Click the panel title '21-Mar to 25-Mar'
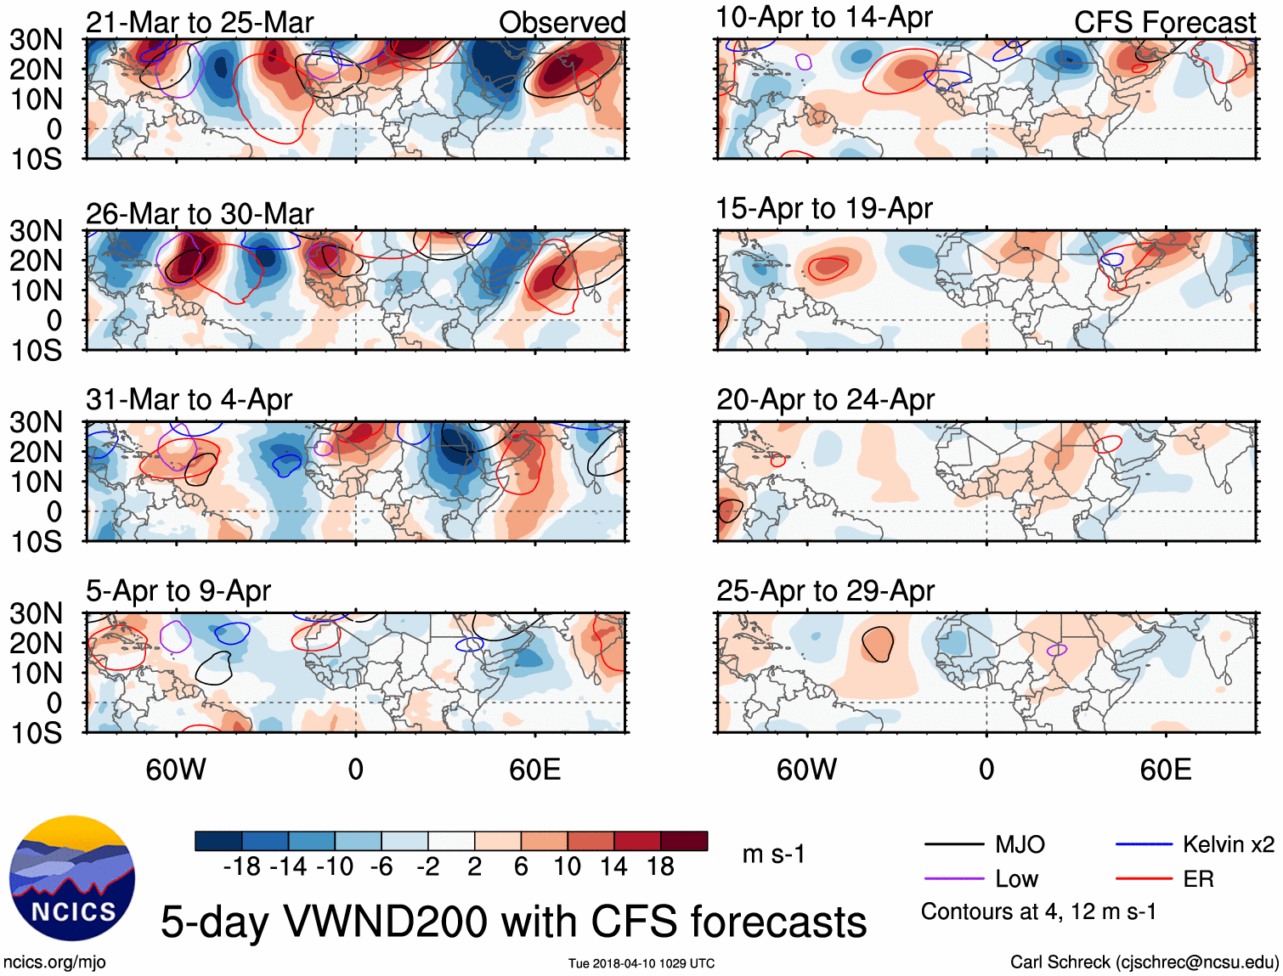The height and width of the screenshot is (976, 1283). tap(200, 22)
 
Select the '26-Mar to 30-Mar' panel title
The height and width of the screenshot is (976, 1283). tap(200, 213)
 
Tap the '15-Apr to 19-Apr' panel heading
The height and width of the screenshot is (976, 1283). tap(824, 208)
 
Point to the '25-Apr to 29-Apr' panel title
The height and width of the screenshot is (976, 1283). tap(825, 590)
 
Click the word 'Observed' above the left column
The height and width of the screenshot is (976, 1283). tap(562, 22)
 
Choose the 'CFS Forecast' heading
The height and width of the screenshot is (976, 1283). tap(1164, 22)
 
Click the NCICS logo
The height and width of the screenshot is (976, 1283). tap(72, 878)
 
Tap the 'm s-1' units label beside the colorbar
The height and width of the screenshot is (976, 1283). tap(773, 854)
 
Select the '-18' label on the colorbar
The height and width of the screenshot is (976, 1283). tap(241, 866)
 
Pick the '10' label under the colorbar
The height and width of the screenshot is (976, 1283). tap(567, 866)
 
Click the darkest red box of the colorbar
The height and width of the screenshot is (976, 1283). tap(684, 841)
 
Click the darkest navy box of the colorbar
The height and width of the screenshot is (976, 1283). tap(218, 841)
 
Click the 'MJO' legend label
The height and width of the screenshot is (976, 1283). tap(1020, 844)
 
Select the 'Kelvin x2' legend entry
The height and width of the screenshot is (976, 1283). tap(1228, 844)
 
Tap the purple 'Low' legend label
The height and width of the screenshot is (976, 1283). tap(1016, 879)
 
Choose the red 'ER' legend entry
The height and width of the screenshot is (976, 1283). tap(1198, 879)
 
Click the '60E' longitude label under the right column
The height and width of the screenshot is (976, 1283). tap(1166, 770)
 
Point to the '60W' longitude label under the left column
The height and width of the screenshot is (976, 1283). tap(176, 770)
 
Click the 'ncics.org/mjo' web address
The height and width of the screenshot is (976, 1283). tap(54, 962)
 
